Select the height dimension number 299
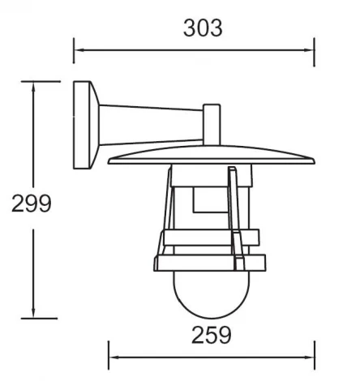[x=32, y=203]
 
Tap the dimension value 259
[x=211, y=333]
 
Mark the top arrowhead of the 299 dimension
[x=33, y=86]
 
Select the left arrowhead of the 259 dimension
[x=114, y=357]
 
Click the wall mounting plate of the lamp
[x=84, y=125]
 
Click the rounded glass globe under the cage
[x=210, y=296]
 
